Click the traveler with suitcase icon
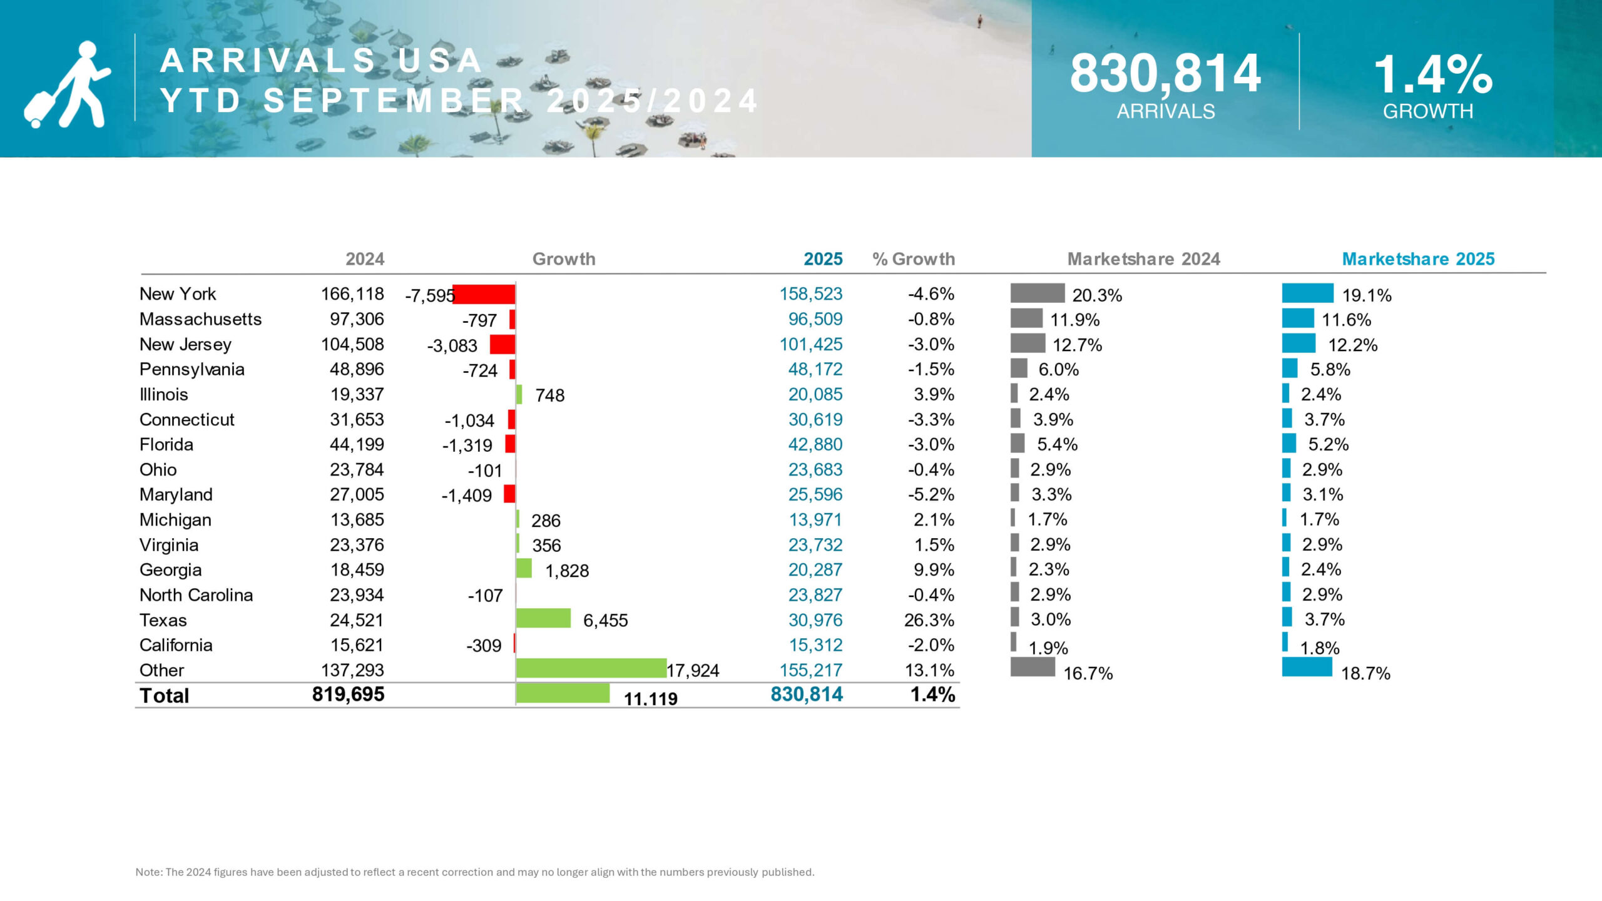click(x=68, y=84)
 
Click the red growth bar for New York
click(x=484, y=294)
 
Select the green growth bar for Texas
click(x=543, y=618)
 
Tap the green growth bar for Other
click(x=591, y=668)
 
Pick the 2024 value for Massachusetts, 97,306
click(x=357, y=319)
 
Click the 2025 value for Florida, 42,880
click(x=815, y=444)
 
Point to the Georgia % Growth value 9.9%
click(x=934, y=569)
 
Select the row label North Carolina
click(x=196, y=594)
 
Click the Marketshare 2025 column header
click(x=1418, y=259)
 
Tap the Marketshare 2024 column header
click(x=1143, y=259)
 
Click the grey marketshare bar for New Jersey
click(x=1028, y=344)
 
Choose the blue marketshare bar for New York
click(x=1307, y=293)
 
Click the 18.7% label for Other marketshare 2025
click(x=1365, y=673)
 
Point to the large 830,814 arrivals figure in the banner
click(x=1165, y=74)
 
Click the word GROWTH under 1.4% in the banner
click(x=1427, y=111)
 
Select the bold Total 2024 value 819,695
click(x=348, y=694)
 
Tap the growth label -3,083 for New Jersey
click(x=452, y=345)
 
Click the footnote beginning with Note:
click(x=474, y=872)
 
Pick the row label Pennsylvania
click(x=191, y=369)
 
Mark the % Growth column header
click(x=914, y=259)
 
